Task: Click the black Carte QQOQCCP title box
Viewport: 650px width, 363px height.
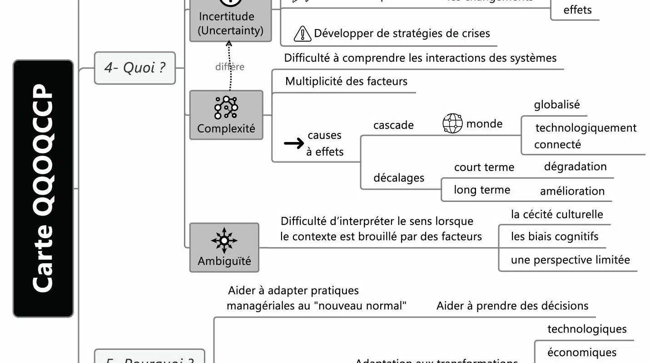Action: click(43, 188)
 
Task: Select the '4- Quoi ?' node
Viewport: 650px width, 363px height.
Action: click(135, 68)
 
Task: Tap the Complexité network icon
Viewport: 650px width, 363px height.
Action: click(226, 108)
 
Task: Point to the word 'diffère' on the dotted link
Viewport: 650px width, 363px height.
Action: click(230, 67)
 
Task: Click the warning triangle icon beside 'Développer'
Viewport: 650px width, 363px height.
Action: click(302, 34)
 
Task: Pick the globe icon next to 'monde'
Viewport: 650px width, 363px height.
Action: click(452, 123)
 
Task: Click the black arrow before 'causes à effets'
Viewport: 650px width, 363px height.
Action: click(294, 144)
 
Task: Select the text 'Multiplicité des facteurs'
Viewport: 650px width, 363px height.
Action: click(346, 82)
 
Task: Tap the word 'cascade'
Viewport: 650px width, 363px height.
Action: click(393, 125)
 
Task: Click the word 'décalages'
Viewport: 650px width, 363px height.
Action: click(399, 178)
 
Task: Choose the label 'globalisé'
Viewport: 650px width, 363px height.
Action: click(557, 105)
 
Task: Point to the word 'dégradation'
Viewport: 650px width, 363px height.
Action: click(575, 167)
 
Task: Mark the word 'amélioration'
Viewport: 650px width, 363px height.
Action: click(572, 191)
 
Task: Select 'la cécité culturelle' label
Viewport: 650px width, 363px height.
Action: click(557, 214)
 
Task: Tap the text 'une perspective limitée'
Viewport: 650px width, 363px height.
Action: click(570, 260)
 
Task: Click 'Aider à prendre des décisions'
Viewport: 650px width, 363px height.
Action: click(512, 306)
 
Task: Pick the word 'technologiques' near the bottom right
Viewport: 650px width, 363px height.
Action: click(587, 329)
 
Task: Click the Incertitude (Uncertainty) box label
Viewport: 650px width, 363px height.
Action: click(231, 24)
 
